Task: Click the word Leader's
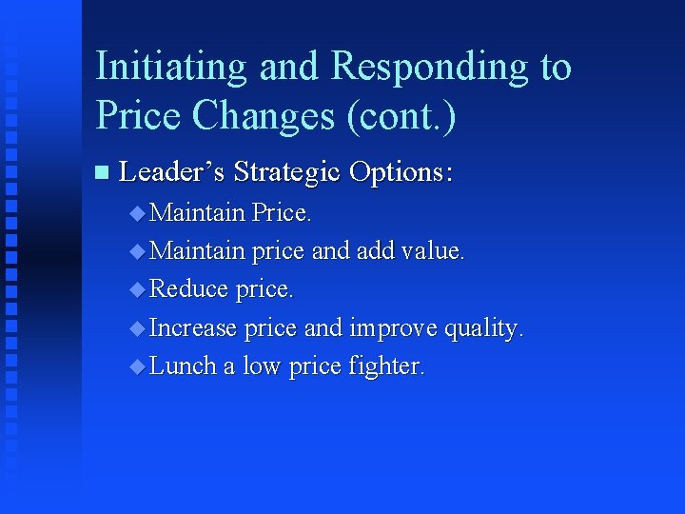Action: point(171,172)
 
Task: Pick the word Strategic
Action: point(286,172)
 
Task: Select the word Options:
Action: point(401,172)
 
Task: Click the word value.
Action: point(433,251)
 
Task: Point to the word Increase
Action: point(193,328)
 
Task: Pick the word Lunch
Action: point(184,366)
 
